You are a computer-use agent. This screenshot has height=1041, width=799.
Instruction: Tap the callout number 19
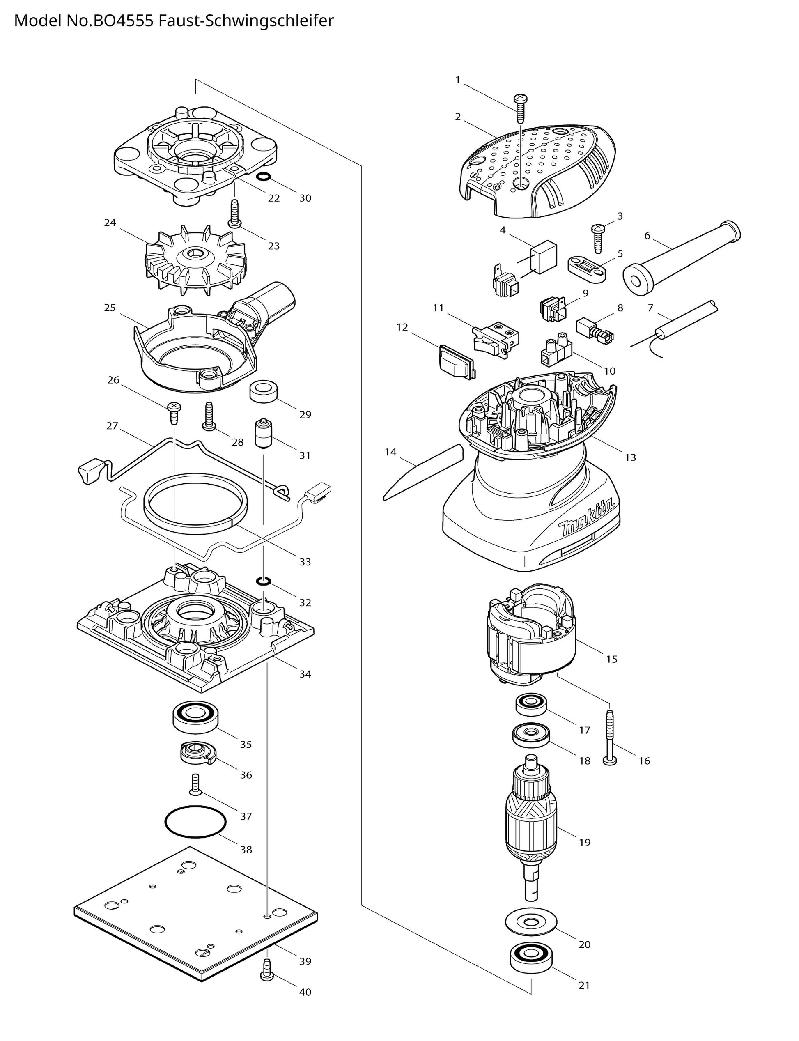pos(585,842)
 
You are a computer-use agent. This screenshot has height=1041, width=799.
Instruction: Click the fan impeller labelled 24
pos(195,257)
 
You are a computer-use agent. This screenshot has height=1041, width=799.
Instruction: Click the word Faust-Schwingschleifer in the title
pos(246,21)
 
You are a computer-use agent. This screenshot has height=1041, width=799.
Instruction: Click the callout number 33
pos(305,562)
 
